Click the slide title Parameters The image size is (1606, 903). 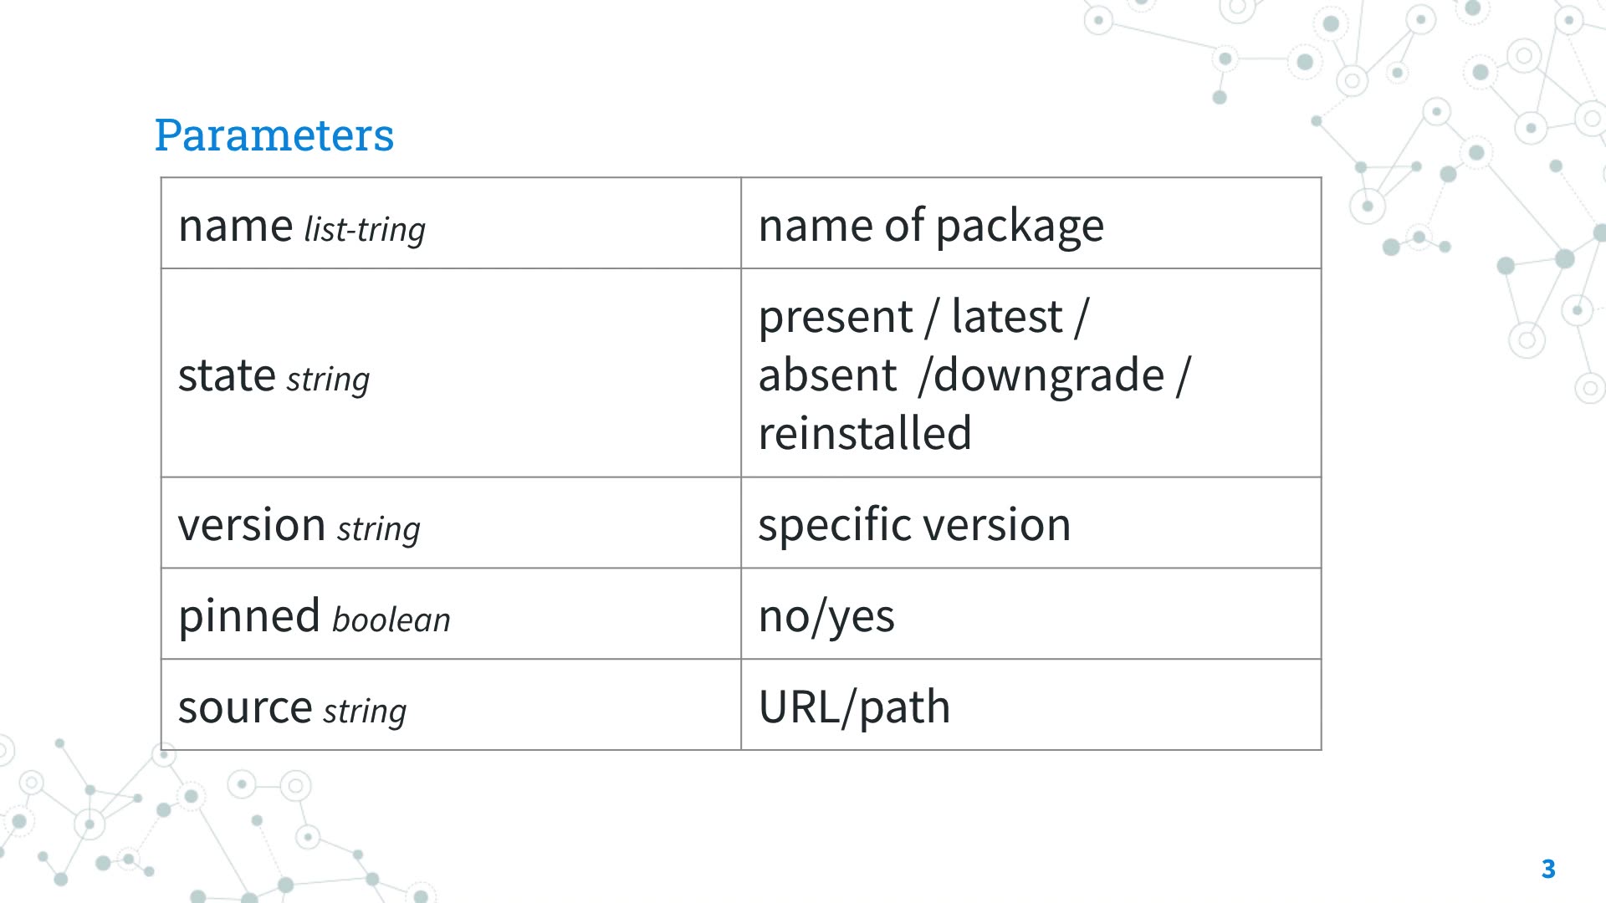click(274, 135)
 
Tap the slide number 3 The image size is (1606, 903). click(1547, 869)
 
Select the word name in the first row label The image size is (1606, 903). click(235, 226)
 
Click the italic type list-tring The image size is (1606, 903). click(365, 230)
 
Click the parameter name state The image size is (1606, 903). click(227, 375)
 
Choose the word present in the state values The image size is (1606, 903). click(835, 317)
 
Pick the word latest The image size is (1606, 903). click(1006, 317)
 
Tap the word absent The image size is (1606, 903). click(827, 375)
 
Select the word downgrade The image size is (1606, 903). click(1048, 375)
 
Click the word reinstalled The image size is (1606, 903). click(864, 433)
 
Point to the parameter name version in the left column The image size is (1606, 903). click(252, 525)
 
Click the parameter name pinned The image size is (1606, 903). click(249, 616)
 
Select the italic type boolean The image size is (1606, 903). click(391, 620)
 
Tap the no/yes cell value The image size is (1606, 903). click(826, 617)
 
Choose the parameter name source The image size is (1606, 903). click(245, 707)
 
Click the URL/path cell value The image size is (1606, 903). click(854, 707)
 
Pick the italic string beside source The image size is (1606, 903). click(365, 712)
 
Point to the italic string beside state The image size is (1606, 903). click(328, 380)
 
